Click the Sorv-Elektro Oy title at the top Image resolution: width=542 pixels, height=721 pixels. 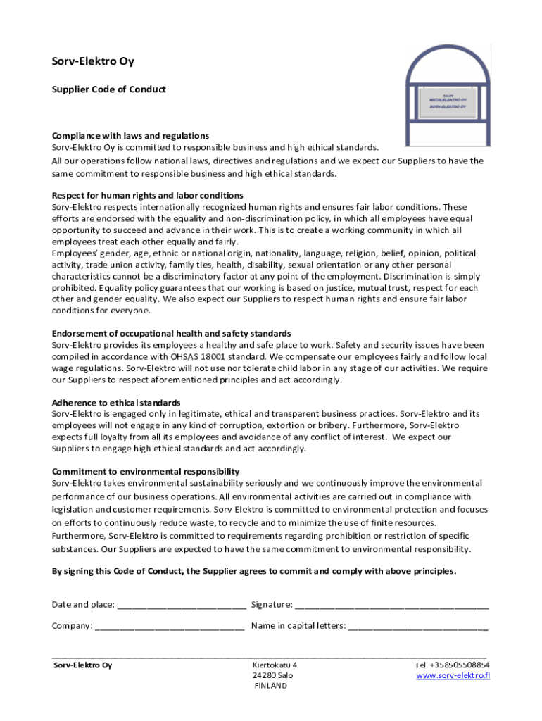pos(93,61)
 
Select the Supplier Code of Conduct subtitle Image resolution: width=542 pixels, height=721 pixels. pos(109,89)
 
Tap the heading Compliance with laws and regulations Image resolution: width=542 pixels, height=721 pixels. pos(130,135)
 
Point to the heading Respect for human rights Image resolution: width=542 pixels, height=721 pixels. pos(148,195)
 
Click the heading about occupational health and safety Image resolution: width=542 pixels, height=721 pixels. pos(172,333)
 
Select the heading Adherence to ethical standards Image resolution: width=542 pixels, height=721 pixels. pos(116,403)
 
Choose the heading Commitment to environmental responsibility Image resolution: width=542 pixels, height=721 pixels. pos(146,471)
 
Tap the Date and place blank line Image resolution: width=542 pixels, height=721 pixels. pos(182,605)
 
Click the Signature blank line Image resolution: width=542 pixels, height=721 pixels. pos(391,605)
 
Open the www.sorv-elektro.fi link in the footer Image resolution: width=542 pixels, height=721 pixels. pos(453,676)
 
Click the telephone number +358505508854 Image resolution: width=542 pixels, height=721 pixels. pos(452,665)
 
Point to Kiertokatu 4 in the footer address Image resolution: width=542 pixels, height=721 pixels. pos(275,665)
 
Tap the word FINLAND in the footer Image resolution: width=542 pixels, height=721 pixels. pos(271,686)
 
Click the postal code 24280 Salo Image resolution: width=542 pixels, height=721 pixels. pos(273,675)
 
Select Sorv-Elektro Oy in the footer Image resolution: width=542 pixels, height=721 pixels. pos(82,665)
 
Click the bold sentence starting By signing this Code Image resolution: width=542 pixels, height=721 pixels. pos(254,571)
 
